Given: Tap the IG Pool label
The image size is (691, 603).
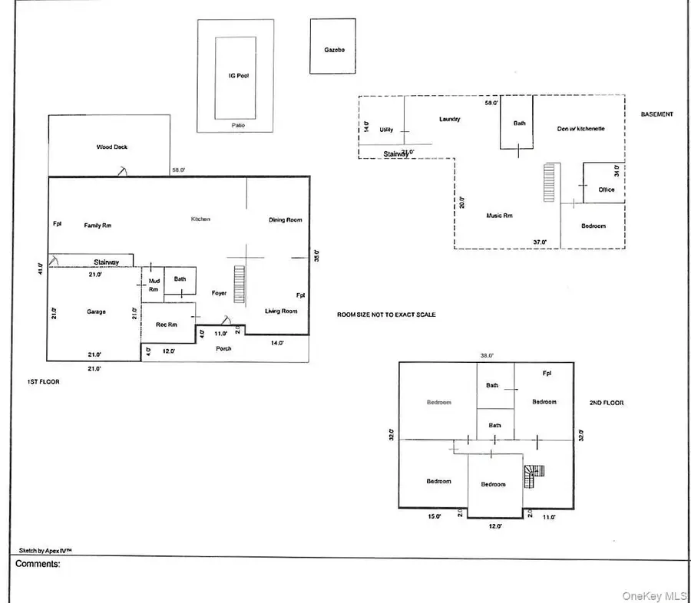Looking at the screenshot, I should tap(236, 77).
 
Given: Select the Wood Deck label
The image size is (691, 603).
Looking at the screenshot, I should tap(112, 147).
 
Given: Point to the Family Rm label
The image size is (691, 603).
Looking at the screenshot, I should tap(98, 225).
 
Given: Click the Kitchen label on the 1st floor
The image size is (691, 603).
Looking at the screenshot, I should tap(200, 219).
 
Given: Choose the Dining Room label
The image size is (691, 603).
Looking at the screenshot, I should tap(286, 220).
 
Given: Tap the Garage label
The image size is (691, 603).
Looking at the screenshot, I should tap(96, 311).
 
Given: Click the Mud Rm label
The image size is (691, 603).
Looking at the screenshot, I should tap(154, 285).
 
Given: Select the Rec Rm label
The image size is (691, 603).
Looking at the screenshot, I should tap(167, 325).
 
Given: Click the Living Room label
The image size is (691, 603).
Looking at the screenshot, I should tap(281, 311).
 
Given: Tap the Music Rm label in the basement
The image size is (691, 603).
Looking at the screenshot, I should tap(499, 216).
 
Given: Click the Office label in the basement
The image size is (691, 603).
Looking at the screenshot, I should tap(607, 189).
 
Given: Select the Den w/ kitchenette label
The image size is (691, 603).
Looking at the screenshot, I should tap(580, 129).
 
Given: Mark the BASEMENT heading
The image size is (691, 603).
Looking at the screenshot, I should tap(657, 114).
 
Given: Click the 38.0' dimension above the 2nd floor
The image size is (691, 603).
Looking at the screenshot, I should tap(487, 356).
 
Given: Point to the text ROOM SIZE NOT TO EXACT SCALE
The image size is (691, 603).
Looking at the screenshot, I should tap(386, 315).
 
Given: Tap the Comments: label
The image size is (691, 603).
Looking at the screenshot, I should tap(38, 564).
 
